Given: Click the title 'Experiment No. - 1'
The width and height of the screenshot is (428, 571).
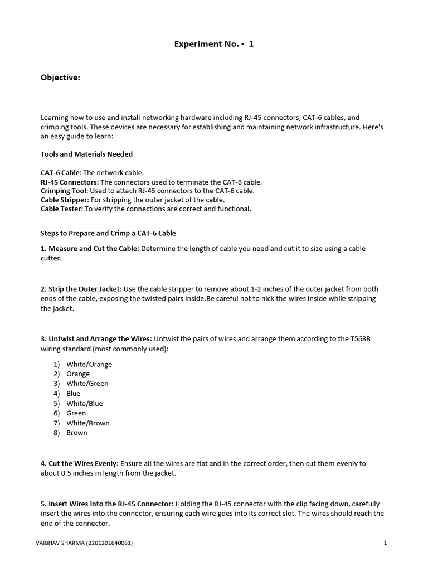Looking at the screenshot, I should tap(214, 44).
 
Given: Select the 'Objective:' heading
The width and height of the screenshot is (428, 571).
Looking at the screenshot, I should tap(60, 78).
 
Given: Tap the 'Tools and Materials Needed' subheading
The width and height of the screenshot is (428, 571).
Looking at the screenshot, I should tap(86, 154).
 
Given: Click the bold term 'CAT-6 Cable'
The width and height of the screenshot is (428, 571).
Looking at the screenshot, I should tap(61, 173).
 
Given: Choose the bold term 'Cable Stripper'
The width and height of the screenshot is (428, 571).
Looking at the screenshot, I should tap(64, 200).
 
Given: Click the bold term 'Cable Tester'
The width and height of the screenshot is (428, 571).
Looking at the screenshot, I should tap(61, 209).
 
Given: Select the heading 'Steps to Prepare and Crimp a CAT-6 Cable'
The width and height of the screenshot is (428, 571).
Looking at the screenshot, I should tap(108, 233).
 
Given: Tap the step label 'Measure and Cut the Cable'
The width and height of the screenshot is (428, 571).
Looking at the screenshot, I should tap(94, 248).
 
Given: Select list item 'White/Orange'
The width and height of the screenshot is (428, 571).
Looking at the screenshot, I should tap(89, 364).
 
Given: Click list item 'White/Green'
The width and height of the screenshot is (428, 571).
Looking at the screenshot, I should tap(87, 384).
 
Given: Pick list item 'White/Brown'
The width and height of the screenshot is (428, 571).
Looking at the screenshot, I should tap(88, 423).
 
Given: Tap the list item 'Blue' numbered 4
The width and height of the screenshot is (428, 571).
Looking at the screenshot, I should tap(74, 394).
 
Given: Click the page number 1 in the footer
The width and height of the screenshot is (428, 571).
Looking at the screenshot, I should tap(385, 543).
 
